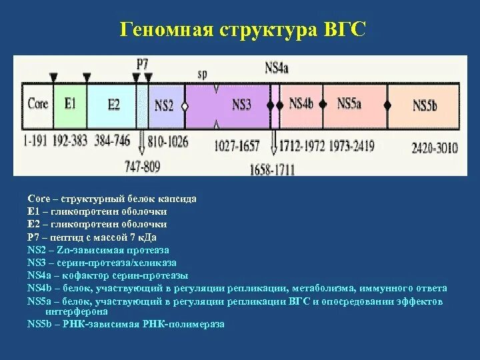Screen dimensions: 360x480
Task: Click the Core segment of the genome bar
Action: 37,105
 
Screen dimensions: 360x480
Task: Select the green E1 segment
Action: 70,104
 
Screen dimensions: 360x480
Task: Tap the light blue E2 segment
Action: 113,104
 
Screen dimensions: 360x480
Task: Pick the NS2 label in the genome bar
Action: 164,105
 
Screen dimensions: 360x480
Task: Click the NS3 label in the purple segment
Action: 241,105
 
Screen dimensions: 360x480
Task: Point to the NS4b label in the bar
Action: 301,104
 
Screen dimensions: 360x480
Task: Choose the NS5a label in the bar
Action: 349,104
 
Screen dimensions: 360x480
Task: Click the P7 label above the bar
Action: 142,64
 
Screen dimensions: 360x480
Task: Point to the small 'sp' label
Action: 203,74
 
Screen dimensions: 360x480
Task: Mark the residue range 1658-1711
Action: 271,170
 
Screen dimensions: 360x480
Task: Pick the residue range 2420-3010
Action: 435,148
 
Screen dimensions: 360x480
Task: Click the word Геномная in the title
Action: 165,30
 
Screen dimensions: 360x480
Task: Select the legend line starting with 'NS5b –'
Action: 126,324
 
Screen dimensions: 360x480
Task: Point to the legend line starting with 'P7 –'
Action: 93,237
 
